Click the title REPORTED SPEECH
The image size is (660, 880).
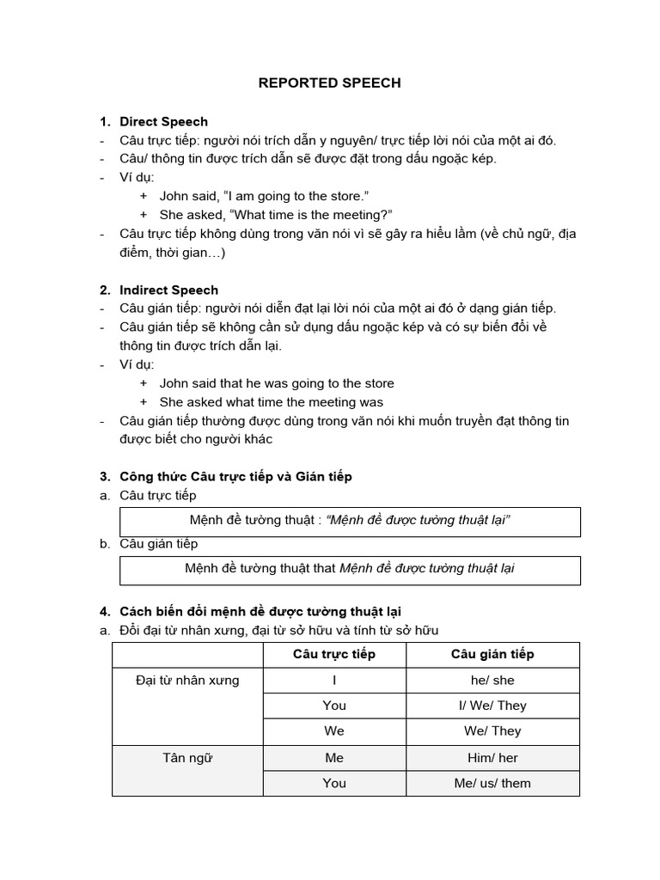click(x=330, y=83)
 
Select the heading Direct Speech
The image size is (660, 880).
click(x=163, y=121)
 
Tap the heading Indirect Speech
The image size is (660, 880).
click(x=168, y=290)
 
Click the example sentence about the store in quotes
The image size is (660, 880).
click(x=264, y=196)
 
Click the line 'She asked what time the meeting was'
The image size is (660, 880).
click(x=272, y=402)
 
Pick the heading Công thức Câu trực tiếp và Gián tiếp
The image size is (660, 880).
click(x=235, y=476)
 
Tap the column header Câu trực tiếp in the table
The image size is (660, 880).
click(x=333, y=654)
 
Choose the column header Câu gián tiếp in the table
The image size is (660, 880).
click(x=492, y=654)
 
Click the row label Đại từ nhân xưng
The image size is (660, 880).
click(x=187, y=681)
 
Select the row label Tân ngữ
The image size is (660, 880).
click(x=187, y=758)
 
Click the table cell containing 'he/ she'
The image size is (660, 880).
click(x=492, y=681)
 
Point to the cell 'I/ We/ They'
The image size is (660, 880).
click(x=492, y=706)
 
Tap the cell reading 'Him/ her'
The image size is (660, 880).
click(x=492, y=758)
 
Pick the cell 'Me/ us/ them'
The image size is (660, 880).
click(x=492, y=783)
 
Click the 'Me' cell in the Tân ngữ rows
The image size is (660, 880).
click(x=333, y=758)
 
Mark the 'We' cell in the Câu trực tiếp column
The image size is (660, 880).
click(x=333, y=731)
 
